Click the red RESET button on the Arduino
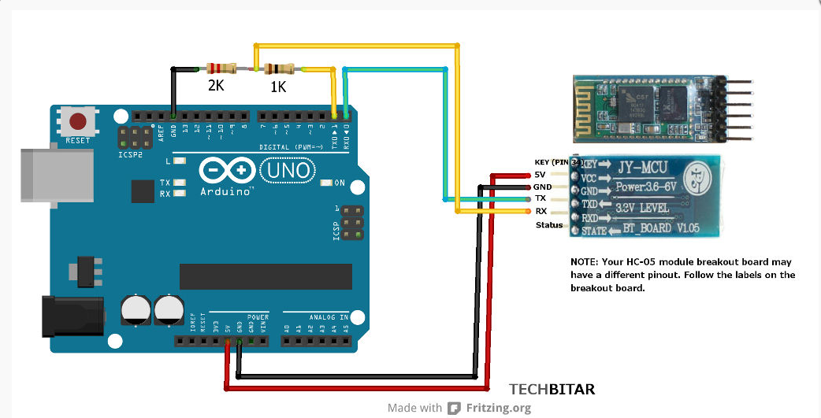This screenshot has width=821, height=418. (78, 122)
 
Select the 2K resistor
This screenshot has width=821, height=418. (221, 69)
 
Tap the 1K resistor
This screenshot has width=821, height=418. (279, 69)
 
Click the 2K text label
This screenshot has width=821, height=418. (216, 86)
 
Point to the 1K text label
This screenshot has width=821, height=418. (278, 87)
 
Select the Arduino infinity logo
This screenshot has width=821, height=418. (227, 170)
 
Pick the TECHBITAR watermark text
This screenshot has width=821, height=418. (552, 389)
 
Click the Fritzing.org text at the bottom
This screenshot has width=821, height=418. (497, 408)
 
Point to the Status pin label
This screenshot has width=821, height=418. (549, 225)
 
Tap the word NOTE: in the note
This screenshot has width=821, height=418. (585, 261)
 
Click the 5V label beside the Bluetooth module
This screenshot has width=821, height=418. (540, 174)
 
